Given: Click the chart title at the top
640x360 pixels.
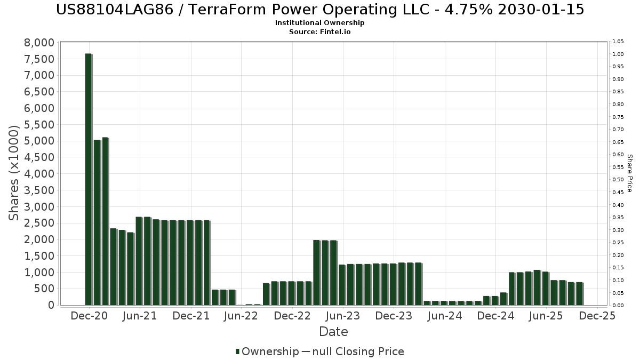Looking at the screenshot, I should point(319,10).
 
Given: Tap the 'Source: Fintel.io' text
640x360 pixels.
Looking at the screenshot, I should point(319,32).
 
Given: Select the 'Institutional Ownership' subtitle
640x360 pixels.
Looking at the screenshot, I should point(319,23).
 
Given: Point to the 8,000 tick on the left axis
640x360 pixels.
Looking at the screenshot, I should point(39,43).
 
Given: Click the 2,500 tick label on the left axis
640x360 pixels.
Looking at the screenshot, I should point(39,223).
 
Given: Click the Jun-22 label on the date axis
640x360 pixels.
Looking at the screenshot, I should point(241,316).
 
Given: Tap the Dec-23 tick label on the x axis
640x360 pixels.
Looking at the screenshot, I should point(394,316).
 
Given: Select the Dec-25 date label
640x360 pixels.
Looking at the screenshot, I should point(597,316).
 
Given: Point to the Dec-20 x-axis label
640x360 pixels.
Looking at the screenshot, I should point(89,316).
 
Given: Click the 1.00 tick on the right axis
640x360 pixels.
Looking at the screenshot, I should point(618,54).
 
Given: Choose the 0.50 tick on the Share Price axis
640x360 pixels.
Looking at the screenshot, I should point(618,180).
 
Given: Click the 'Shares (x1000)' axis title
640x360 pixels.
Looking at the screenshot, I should point(14,173).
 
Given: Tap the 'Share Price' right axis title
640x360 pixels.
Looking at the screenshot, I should point(629,173).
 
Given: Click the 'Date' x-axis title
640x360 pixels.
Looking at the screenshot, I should point(333,332).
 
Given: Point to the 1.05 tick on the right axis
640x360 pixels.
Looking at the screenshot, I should point(618,42).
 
